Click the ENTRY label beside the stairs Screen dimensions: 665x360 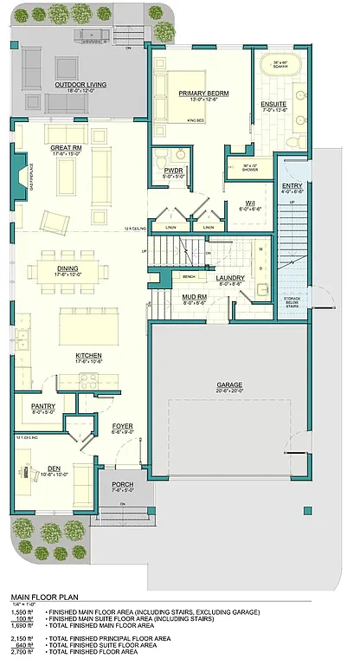tap(292, 186)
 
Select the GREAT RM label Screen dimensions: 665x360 tap(66, 149)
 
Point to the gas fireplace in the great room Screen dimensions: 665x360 tap(21, 173)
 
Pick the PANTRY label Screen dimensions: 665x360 tap(43, 406)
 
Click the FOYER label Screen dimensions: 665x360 tap(121, 426)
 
